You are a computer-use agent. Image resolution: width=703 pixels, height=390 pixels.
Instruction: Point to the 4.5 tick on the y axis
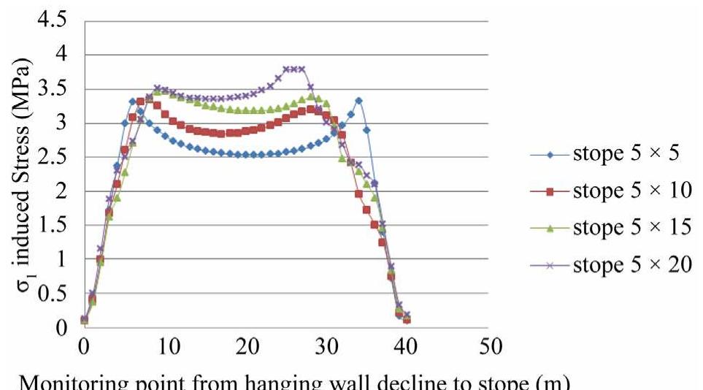[x=50, y=20]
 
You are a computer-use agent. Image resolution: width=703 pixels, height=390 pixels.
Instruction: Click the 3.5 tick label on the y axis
[x=50, y=89]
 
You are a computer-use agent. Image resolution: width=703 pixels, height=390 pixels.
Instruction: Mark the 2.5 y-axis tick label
[x=50, y=157]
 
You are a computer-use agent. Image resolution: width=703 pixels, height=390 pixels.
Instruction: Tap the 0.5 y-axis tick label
[x=50, y=294]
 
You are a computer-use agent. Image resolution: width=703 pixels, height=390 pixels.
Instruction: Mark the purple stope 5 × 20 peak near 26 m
[x=293, y=69]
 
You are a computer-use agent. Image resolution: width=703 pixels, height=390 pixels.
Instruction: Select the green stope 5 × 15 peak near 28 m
[x=310, y=96]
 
